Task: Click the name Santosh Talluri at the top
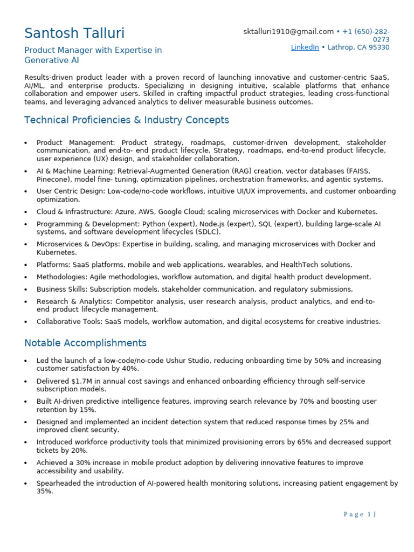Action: [74, 33]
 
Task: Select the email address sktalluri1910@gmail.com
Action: [288, 32]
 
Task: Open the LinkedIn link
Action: [305, 47]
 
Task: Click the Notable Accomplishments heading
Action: [85, 343]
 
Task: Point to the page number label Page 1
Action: [358, 514]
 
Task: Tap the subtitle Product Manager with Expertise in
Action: [93, 50]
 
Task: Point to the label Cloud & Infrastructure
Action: [71, 212]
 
